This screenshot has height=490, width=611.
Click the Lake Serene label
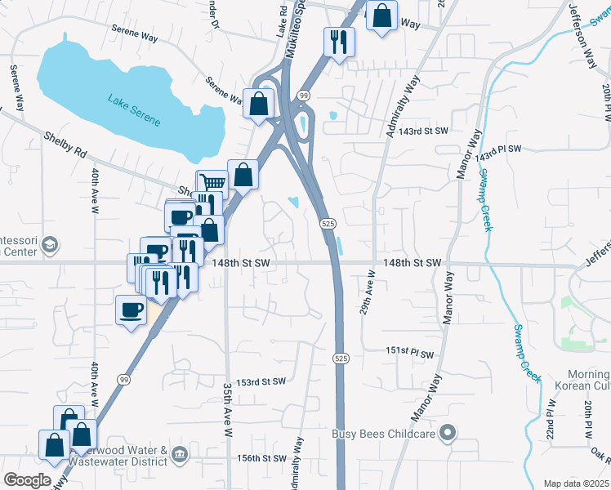pyautogui.click(x=134, y=110)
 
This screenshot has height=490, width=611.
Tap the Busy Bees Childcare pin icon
pyautogui.click(x=447, y=433)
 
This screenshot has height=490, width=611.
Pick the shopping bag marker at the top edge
pyautogui.click(x=381, y=16)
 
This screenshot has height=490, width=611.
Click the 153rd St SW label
pyautogui.click(x=261, y=381)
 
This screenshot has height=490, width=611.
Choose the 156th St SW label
pyautogui.click(x=262, y=458)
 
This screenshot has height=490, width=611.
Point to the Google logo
pyautogui.click(x=27, y=480)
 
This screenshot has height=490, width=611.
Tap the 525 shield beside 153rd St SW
pyautogui.click(x=341, y=359)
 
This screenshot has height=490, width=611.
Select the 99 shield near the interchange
pyautogui.click(x=303, y=96)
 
